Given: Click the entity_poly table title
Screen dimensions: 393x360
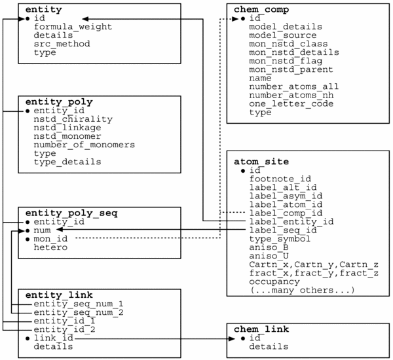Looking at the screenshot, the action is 59,102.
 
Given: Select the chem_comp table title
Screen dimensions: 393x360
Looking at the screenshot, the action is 261,10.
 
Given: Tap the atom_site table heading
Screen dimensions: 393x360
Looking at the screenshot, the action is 261,162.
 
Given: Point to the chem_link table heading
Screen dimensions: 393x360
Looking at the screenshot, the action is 261,329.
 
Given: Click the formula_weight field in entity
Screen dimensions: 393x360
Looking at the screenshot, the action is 73,27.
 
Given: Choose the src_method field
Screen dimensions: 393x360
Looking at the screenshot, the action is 62,44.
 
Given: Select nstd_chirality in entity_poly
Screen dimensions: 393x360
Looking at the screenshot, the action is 73,119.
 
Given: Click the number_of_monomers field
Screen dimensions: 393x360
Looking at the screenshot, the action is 84,145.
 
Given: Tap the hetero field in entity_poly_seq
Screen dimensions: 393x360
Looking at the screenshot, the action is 50,247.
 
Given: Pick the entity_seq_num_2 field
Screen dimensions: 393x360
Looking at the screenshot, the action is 79,312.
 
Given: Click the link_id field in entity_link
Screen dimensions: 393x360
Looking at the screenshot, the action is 54,338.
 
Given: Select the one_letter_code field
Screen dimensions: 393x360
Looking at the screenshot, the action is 291,103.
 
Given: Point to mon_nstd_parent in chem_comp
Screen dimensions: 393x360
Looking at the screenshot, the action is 291,69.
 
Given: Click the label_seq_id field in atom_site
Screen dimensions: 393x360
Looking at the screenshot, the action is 283,230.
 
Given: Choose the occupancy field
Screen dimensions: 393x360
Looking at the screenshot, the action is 274,281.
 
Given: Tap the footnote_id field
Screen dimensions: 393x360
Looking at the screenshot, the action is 280,179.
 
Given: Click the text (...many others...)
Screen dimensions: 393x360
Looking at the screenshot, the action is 302,290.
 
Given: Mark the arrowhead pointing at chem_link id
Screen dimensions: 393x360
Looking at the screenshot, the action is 232,338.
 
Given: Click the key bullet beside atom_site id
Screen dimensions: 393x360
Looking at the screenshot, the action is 242,171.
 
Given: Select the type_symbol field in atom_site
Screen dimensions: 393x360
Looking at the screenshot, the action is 280,239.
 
